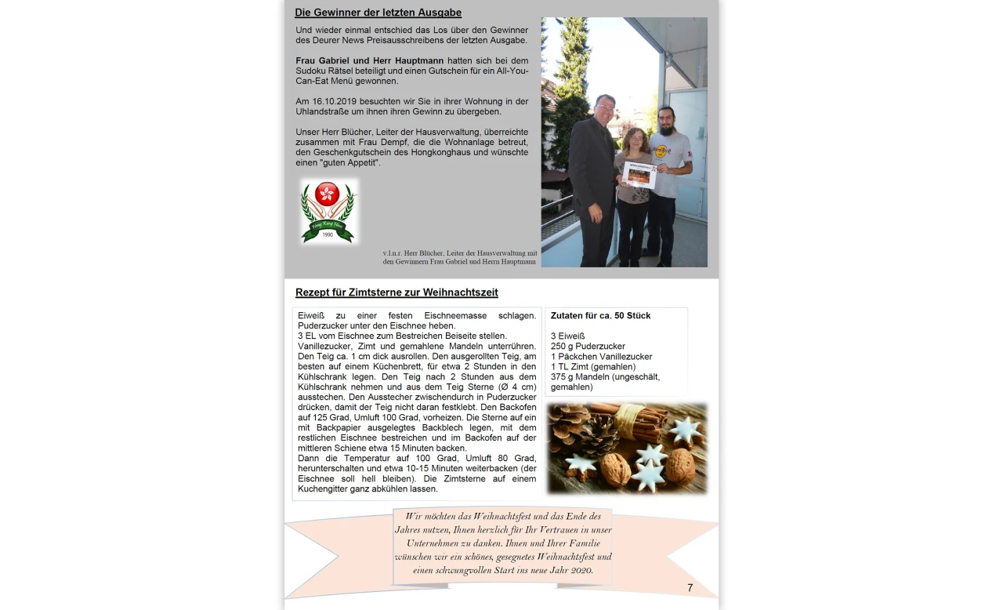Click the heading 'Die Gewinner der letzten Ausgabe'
[x=378, y=13]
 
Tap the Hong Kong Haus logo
[x=328, y=211]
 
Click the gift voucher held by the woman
[x=639, y=173]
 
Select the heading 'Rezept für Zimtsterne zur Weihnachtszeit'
[x=396, y=292]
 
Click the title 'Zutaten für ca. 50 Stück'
[x=600, y=316]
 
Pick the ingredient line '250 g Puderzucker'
[x=588, y=347]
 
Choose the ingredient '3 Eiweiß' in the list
[x=567, y=336]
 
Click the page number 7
[x=690, y=588]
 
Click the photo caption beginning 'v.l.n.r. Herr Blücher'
[x=459, y=257]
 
